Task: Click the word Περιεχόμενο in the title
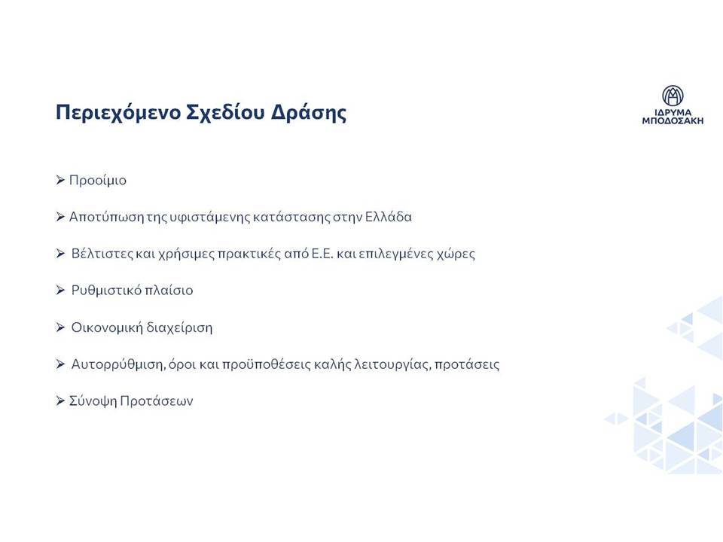[x=117, y=112]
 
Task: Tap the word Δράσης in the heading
[x=308, y=112]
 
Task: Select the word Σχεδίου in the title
[x=225, y=112]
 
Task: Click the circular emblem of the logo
[x=673, y=96]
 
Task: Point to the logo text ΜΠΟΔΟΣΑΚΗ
[x=673, y=120]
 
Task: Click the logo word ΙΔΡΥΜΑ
[x=673, y=112]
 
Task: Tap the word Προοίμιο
[x=98, y=180]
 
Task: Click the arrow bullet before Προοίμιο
[x=60, y=180]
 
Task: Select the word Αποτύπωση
[x=106, y=217]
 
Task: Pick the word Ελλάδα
[x=389, y=217]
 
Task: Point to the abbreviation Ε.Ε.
[x=322, y=254]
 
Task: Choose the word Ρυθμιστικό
[x=106, y=291]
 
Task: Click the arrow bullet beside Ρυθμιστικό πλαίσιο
[x=60, y=290]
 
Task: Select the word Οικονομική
[x=106, y=327]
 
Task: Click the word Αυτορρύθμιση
[x=118, y=364]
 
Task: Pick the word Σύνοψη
[x=93, y=401]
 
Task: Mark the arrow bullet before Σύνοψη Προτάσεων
[x=60, y=400]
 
